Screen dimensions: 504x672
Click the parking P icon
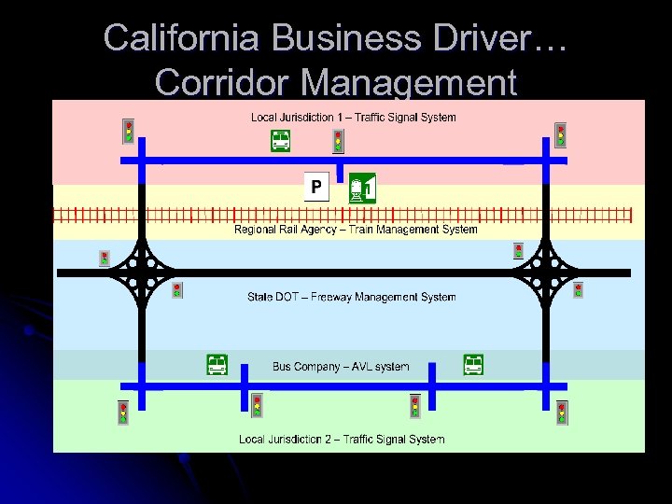pos(316,188)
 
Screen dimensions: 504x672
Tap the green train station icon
pos(361,188)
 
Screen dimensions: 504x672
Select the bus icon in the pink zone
pos(280,141)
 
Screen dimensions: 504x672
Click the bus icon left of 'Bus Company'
pos(217,365)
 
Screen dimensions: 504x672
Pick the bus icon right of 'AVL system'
pos(474,364)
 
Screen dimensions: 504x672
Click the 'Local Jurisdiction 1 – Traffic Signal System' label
pos(354,118)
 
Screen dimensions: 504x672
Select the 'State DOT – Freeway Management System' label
pos(352,298)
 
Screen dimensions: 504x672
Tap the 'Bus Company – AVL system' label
pos(341,367)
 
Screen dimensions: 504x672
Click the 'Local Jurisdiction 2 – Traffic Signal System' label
pos(342,439)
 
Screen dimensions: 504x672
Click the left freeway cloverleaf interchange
pos(141,273)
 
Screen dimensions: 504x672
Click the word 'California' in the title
pos(184,38)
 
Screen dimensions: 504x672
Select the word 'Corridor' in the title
pos(225,82)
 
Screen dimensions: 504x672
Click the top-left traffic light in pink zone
pos(129,132)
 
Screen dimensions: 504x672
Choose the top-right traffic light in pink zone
pos(560,134)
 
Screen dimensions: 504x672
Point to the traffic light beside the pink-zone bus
pos(338,141)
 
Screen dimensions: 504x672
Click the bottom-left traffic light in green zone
pos(123,412)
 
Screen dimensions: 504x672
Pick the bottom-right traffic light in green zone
pos(562,412)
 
